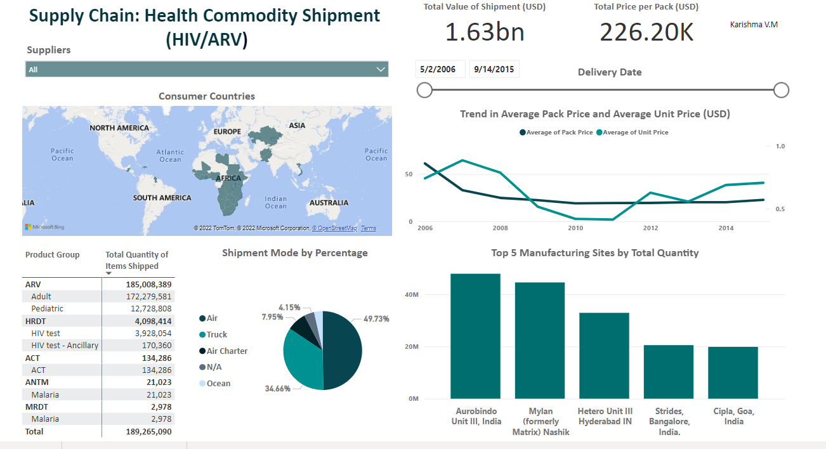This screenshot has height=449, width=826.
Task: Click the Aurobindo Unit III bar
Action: click(x=475, y=336)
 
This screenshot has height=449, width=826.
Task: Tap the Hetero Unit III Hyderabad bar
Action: click(x=604, y=355)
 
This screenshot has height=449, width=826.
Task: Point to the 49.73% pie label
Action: click(x=376, y=319)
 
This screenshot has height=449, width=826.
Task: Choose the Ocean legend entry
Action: click(x=218, y=383)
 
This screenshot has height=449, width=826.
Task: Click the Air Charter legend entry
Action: click(x=226, y=351)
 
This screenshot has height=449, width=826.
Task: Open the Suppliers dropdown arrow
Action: click(x=381, y=69)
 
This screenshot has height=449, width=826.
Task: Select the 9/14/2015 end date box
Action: click(x=494, y=69)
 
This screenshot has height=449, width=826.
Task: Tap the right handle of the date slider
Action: click(x=781, y=90)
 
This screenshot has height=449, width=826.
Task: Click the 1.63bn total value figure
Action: click(x=485, y=32)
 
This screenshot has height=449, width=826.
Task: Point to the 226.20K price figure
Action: click(x=646, y=32)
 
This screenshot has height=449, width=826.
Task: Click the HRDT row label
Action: click(x=36, y=321)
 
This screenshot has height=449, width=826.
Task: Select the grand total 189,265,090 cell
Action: click(x=145, y=431)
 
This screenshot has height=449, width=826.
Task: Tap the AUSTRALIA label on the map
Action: click(x=329, y=203)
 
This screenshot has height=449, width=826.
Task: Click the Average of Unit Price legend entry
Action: click(x=635, y=133)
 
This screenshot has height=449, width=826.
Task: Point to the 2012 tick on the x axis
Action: click(x=650, y=228)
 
